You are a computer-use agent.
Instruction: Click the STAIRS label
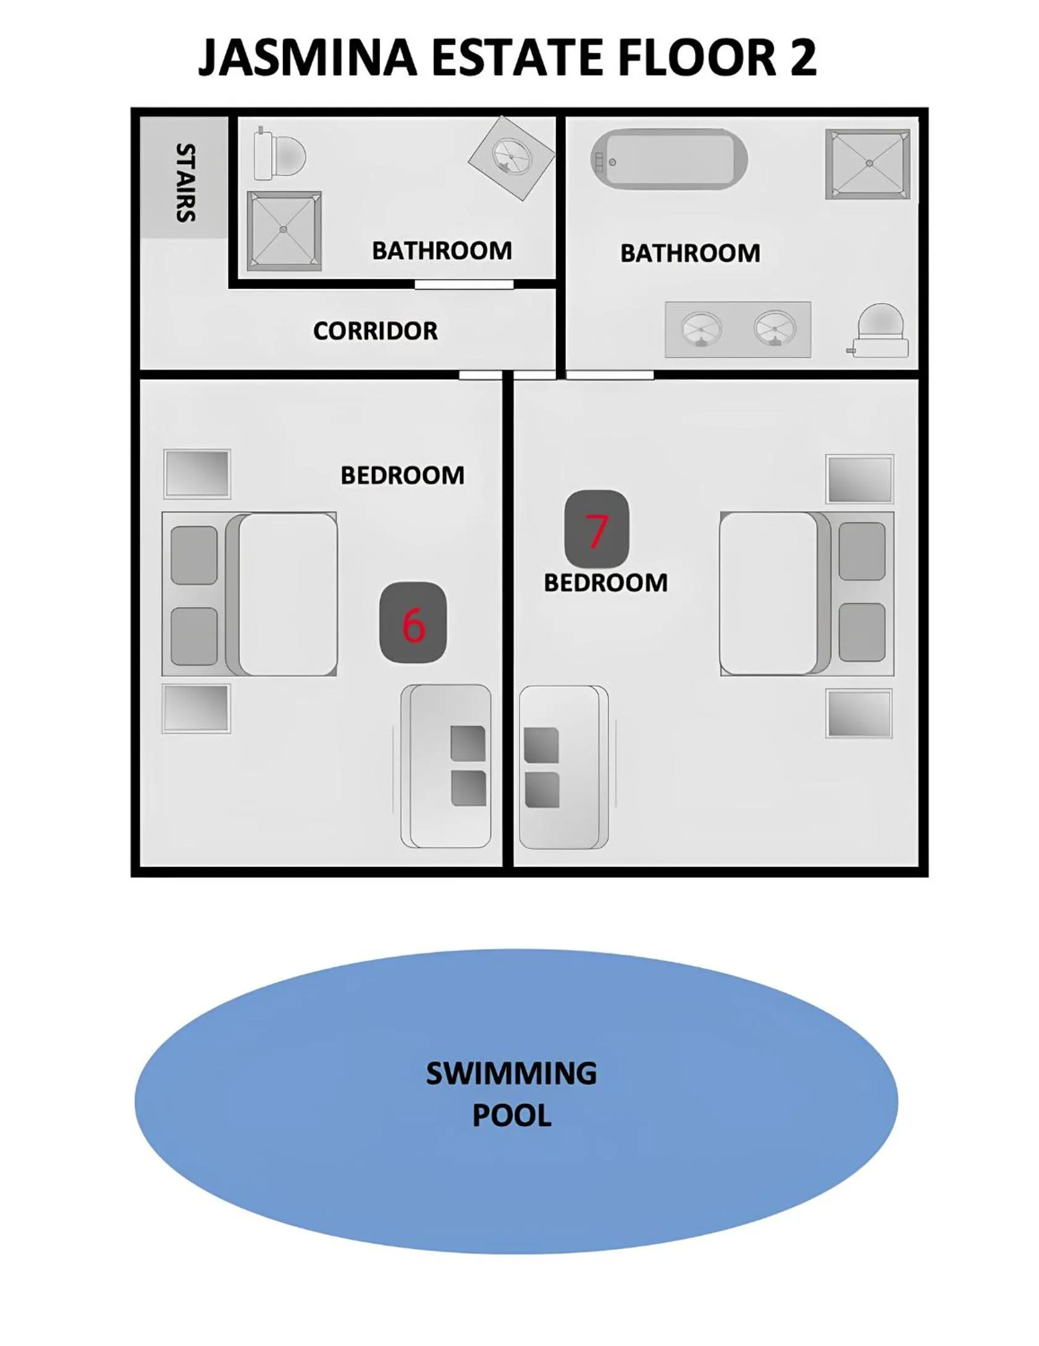(186, 182)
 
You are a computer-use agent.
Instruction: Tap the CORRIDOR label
(375, 331)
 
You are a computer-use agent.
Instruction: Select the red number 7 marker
(597, 530)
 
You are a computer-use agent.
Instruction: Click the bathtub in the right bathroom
(668, 159)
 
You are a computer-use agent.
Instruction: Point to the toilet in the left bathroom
(279, 154)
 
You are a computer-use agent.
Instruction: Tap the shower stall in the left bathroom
(284, 230)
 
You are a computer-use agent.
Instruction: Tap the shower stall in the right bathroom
(867, 164)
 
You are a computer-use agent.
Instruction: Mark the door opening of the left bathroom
(463, 284)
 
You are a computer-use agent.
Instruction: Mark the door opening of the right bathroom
(610, 374)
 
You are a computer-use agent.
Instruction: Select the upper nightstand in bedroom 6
(196, 474)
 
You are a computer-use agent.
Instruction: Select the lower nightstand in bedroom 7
(859, 713)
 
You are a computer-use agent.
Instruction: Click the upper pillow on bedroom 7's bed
(861, 551)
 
